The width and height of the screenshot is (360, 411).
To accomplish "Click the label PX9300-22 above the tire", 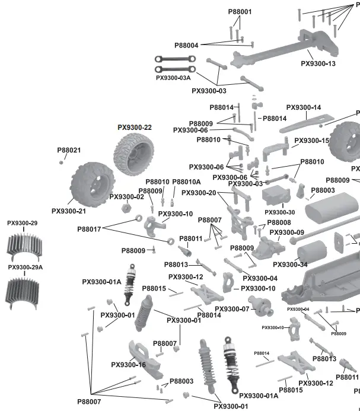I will coord(135,127).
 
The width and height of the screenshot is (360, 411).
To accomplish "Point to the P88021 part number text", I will coord(69,151).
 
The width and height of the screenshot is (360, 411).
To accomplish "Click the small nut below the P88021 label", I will coord(62,161).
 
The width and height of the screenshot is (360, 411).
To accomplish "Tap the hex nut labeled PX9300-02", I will coord(126,208).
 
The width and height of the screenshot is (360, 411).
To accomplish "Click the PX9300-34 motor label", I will coord(290,265).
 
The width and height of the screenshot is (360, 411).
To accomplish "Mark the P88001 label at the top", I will coord(240,11).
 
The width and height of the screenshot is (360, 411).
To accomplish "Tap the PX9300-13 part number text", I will coord(318,63).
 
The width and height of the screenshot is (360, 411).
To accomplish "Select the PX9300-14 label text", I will coord(304,107).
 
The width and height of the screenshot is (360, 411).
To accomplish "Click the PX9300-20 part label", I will coord(199,193).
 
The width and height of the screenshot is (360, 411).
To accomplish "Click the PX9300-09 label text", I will coord(287,232).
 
